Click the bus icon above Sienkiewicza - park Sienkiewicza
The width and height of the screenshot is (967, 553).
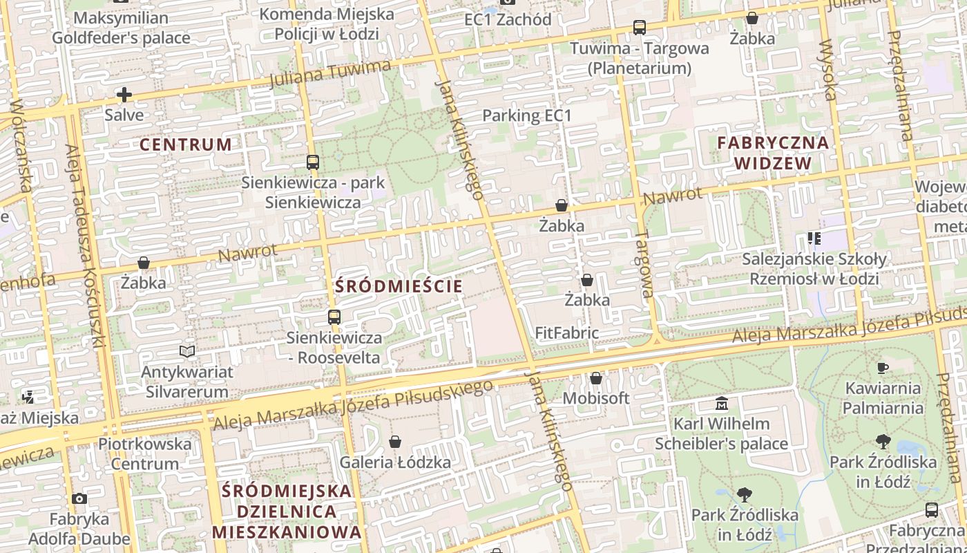pos(313,162)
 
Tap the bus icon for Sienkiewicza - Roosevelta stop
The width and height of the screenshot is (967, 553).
pos(334,317)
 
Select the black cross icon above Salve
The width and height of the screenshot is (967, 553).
pos(124,95)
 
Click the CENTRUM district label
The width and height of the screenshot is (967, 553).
pos(186,144)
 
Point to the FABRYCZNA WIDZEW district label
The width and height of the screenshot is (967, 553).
pos(773,153)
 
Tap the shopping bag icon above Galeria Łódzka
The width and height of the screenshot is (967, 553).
pos(395,442)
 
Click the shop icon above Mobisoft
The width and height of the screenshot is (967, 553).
pos(596,378)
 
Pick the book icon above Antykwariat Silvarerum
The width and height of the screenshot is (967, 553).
pos(186,351)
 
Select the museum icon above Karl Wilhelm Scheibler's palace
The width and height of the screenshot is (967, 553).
pos(722,403)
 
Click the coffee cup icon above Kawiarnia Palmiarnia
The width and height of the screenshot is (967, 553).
pos(882,368)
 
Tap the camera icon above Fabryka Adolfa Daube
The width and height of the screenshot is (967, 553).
pos(79,498)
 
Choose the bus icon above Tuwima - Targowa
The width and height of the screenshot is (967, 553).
pos(640,28)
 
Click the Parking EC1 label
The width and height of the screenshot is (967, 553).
pos(527,115)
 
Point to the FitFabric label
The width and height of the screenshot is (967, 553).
pos(566,332)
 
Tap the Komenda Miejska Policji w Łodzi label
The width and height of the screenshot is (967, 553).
pos(327,24)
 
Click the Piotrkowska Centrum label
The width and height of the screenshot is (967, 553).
pos(145,453)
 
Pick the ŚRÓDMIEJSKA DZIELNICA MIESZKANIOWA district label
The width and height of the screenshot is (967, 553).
pos(287,512)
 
